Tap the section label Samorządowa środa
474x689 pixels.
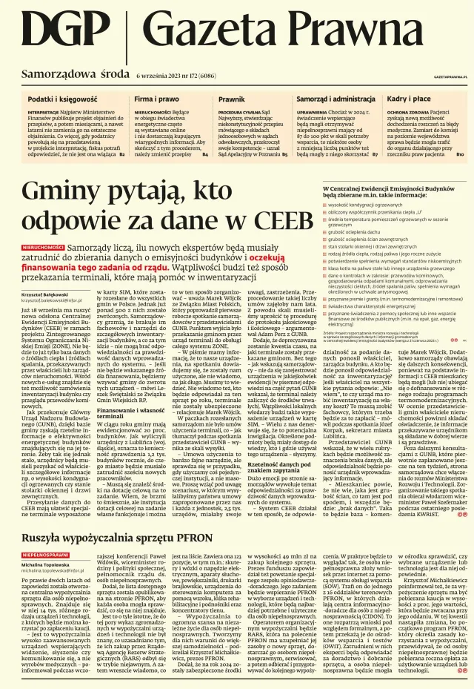75,75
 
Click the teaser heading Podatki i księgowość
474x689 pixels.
62,99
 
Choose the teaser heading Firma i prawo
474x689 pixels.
156,99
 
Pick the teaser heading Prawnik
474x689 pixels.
231,99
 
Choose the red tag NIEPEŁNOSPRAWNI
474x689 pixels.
46,533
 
